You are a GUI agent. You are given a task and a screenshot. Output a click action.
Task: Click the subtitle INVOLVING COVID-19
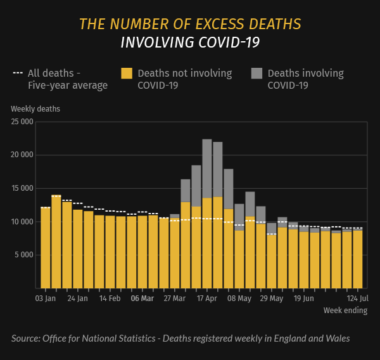(x=190, y=42)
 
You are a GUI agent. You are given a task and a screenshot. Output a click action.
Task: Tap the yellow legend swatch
(x=127, y=74)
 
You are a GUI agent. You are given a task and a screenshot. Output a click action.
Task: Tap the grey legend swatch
(x=256, y=74)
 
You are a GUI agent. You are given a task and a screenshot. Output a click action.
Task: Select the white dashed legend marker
(x=18, y=74)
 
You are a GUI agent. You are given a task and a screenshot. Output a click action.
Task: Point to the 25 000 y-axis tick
(x=22, y=122)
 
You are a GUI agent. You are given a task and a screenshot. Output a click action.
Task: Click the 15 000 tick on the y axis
(x=22, y=188)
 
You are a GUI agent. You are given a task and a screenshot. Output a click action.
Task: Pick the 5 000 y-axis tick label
(x=23, y=255)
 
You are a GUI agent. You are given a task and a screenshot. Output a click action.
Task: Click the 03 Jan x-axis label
(x=46, y=298)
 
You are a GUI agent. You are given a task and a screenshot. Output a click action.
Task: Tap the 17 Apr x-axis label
(x=207, y=298)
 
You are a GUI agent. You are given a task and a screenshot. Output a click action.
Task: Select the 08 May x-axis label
(x=239, y=298)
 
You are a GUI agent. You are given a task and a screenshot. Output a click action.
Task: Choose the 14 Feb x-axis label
(x=110, y=298)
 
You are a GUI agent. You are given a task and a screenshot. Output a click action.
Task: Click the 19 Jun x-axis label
(x=304, y=298)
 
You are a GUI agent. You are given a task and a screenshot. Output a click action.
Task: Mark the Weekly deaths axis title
(x=35, y=108)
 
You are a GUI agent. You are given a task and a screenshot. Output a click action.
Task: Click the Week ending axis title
(x=345, y=311)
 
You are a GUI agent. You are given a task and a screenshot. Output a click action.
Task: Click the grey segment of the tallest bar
(x=207, y=168)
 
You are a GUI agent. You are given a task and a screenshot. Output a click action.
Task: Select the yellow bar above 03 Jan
(x=46, y=247)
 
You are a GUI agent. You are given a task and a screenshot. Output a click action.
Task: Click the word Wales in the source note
(x=336, y=338)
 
